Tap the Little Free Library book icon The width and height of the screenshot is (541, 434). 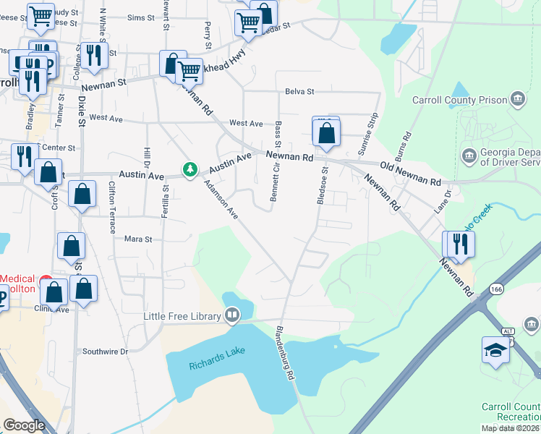pos(232,315)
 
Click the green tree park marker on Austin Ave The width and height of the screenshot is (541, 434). pos(190,169)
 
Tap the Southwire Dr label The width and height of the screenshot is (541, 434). pos(105,352)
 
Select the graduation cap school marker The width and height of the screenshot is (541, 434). pos(495,350)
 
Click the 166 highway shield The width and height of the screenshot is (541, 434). pos(495,289)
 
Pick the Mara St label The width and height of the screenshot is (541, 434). pos(138,239)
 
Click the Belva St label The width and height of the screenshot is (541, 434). pos(299,92)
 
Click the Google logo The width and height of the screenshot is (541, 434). pos(24,425)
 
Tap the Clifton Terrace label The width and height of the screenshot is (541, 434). pos(111,207)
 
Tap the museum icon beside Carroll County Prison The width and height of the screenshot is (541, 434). pos(517,98)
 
